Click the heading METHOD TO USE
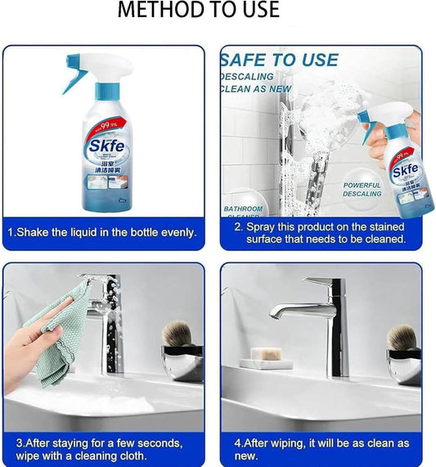(x=199, y=11)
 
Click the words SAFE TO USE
(x=279, y=60)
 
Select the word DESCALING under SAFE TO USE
(x=245, y=76)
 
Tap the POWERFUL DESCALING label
(x=362, y=191)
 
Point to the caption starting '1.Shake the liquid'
(x=102, y=232)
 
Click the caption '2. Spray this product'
(x=321, y=232)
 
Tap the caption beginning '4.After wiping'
(x=321, y=449)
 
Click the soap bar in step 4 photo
(x=267, y=354)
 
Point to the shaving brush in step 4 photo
(x=402, y=337)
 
